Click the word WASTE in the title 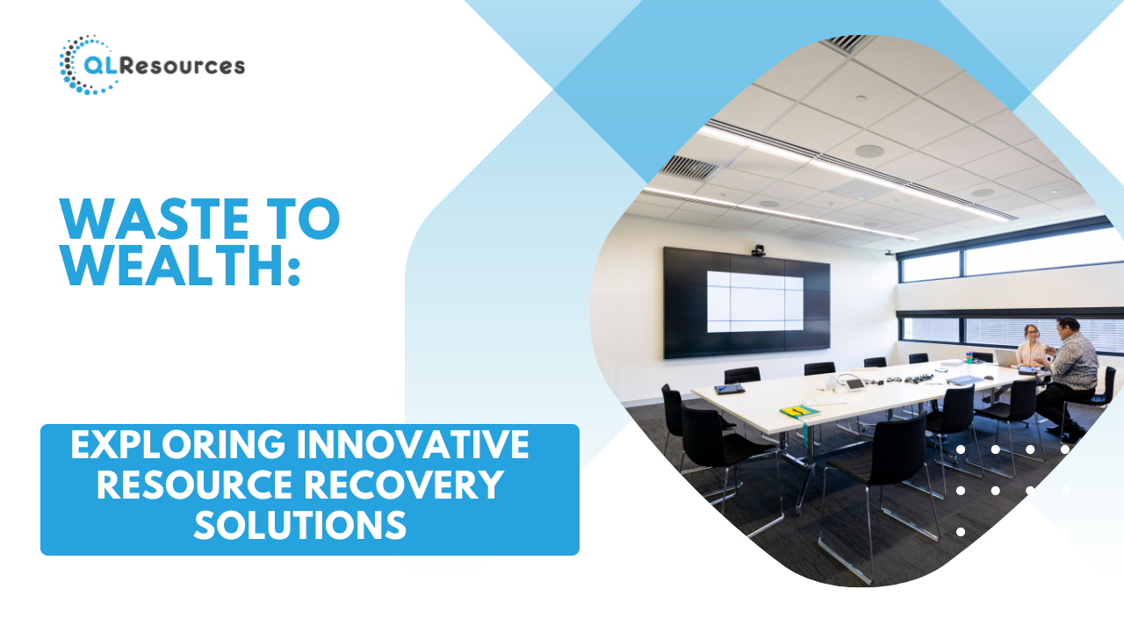(x=154, y=219)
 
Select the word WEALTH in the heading (x=170, y=265)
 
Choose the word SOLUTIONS (x=300, y=525)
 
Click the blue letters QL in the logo (x=100, y=66)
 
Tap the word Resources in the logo (x=183, y=66)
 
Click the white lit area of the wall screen (x=754, y=301)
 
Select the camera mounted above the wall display (x=758, y=250)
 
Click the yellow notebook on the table (x=799, y=412)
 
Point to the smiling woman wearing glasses (x=1031, y=346)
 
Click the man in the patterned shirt (x=1071, y=374)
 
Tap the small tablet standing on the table (x=854, y=384)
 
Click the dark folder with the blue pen (x=729, y=388)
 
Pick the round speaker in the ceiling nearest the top (x=869, y=151)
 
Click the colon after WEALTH (x=294, y=271)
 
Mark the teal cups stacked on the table (x=969, y=357)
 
